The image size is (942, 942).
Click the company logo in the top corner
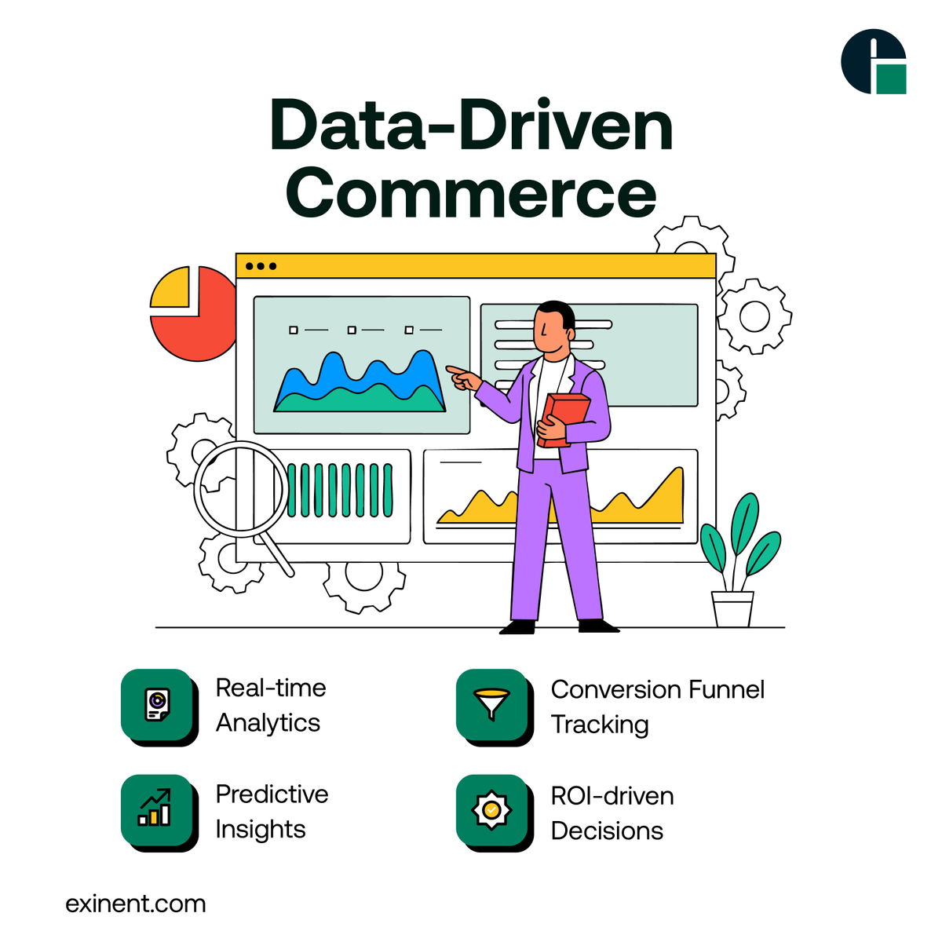coord(873,61)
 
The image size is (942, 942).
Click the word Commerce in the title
coord(471,193)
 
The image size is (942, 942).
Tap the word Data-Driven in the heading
coord(471,126)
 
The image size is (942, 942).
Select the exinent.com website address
coord(136,904)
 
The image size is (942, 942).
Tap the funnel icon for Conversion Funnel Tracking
coord(491,704)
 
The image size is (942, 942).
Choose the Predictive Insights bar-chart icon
coord(155,809)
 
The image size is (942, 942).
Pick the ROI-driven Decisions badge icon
coord(491,809)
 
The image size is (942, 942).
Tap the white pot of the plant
coord(732,608)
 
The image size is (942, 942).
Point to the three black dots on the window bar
coord(261,266)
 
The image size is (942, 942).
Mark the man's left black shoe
coord(519,626)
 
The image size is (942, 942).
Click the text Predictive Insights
coord(272,811)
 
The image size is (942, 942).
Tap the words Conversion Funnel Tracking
coord(657,706)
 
